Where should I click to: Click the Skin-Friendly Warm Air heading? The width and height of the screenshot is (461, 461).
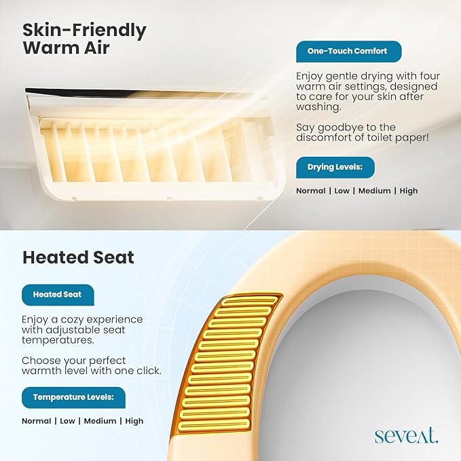point(84,39)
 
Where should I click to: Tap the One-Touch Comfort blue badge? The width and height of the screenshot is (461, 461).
point(348,52)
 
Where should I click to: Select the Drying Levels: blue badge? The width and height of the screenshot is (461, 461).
point(335,167)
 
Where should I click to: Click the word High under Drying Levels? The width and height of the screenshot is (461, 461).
point(409,191)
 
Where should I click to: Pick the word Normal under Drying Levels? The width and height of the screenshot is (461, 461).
point(311,191)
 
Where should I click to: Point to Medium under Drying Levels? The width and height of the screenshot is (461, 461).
point(375,191)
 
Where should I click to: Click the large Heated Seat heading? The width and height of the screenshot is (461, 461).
point(78,257)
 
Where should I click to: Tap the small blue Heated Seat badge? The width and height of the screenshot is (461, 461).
point(57,295)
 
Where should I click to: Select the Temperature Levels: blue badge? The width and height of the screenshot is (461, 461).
point(73,397)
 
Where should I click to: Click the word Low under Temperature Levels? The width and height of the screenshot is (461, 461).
point(68,421)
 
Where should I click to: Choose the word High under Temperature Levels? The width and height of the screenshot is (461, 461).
point(134,421)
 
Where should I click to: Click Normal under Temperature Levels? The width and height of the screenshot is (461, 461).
point(37,421)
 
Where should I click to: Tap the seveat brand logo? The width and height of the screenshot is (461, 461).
point(406,436)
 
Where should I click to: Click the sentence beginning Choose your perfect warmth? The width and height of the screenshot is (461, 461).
point(91,365)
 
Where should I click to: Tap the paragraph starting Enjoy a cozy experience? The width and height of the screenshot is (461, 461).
point(82,329)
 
